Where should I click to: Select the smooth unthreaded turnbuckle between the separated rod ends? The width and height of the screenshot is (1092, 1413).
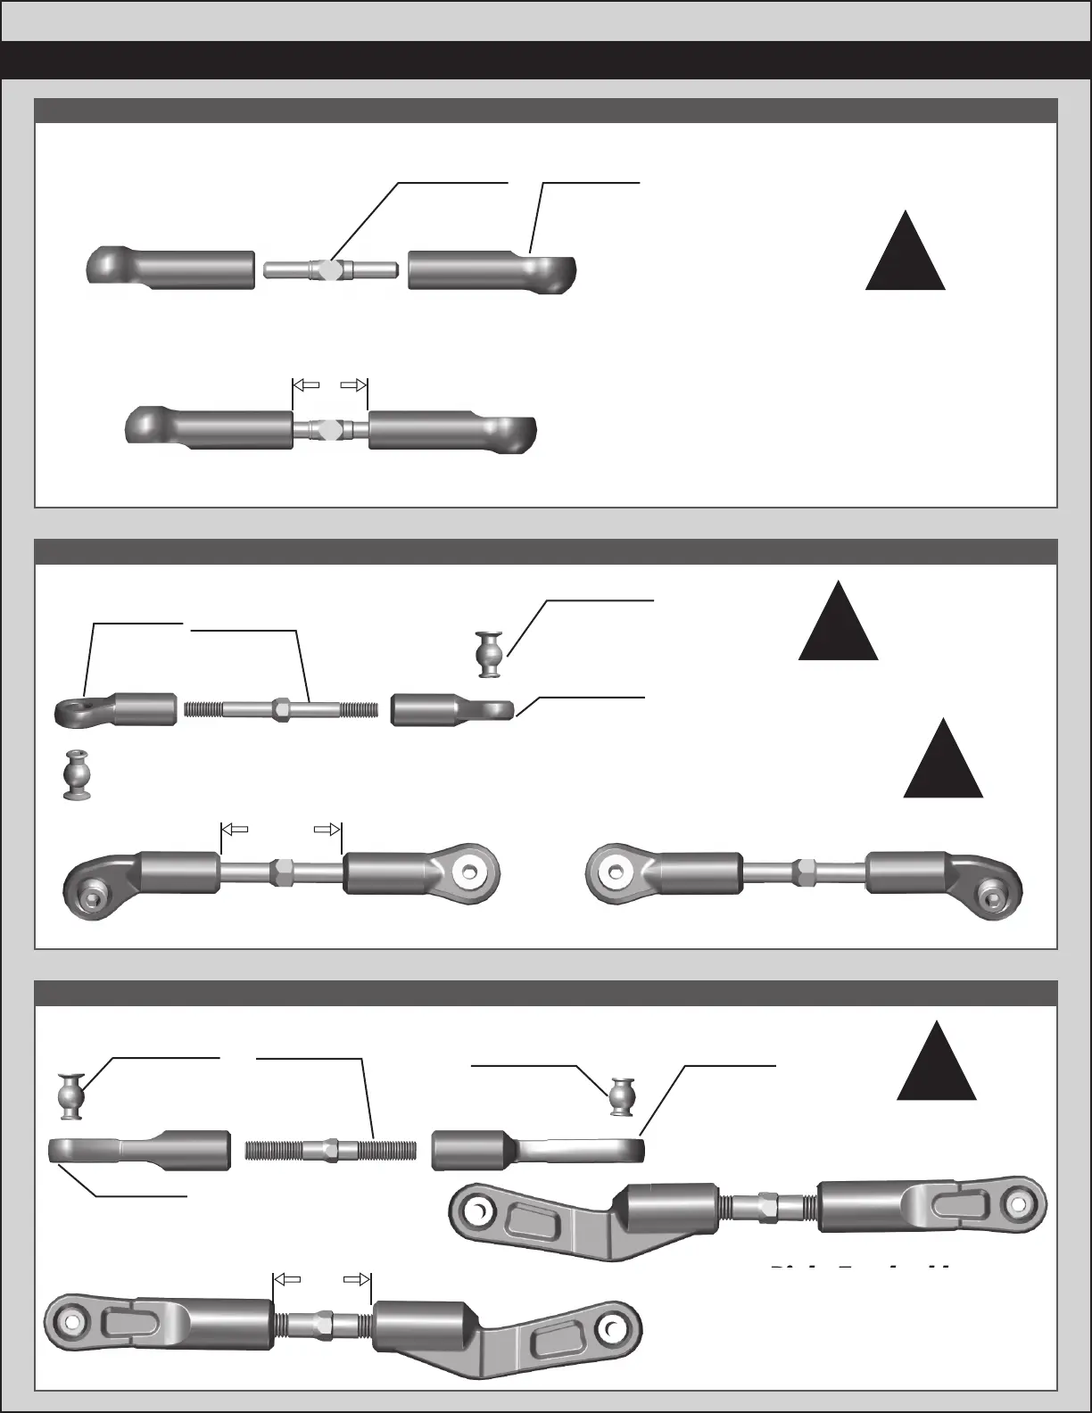pyautogui.click(x=331, y=269)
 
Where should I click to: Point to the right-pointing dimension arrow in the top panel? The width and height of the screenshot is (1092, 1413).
pyautogui.click(x=354, y=385)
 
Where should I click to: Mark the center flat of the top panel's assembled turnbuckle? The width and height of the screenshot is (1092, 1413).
pyautogui.click(x=330, y=429)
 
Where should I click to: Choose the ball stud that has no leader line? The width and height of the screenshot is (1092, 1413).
pyautogui.click(x=77, y=773)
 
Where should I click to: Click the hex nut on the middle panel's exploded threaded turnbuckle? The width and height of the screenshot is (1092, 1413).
pyautogui.click(x=282, y=710)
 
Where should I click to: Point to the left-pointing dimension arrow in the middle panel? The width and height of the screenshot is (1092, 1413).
pyautogui.click(x=235, y=829)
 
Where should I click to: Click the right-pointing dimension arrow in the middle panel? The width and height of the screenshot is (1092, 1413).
pyautogui.click(x=327, y=829)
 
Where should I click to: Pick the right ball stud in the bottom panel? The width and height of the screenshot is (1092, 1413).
pyautogui.click(x=622, y=1096)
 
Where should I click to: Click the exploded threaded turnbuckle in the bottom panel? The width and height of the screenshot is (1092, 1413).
pyautogui.click(x=330, y=1150)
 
